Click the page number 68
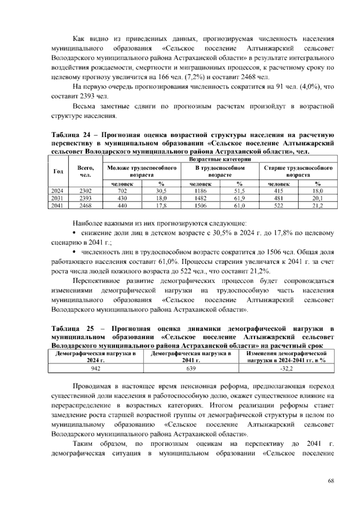[x=331, y=481]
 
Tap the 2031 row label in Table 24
[x=58, y=198]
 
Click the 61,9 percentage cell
[x=239, y=198]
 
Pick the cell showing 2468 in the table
[x=85, y=206]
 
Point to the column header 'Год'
[x=58, y=171]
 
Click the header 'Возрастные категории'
[x=220, y=159]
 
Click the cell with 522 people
[x=279, y=206]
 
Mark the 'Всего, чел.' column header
[x=85, y=171]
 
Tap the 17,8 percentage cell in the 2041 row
[x=161, y=206]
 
